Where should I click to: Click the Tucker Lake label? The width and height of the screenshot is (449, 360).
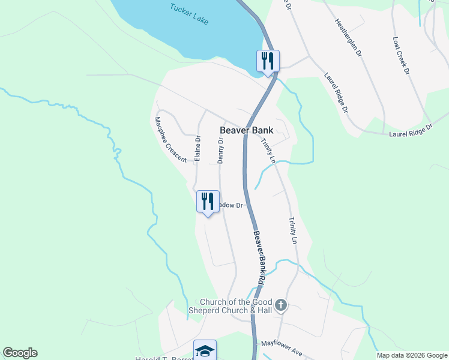tap(188, 14)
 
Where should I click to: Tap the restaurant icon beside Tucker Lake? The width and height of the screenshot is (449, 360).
tap(268, 61)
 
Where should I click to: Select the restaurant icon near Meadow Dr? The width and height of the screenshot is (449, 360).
tap(208, 201)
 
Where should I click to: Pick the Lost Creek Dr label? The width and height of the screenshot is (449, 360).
tap(400, 55)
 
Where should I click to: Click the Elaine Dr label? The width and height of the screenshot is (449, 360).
tap(197, 147)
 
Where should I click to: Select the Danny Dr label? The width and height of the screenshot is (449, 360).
tap(220, 151)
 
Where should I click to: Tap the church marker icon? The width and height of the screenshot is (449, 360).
tap(281, 306)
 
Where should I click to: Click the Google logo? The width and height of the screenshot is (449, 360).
tap(20, 353)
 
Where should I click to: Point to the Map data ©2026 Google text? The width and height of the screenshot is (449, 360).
tap(412, 355)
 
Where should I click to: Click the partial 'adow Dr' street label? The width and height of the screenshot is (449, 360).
tap(231, 205)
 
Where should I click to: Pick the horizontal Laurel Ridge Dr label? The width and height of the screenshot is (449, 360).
tap(411, 130)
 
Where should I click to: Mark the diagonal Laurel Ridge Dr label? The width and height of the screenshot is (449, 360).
tap(336, 93)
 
